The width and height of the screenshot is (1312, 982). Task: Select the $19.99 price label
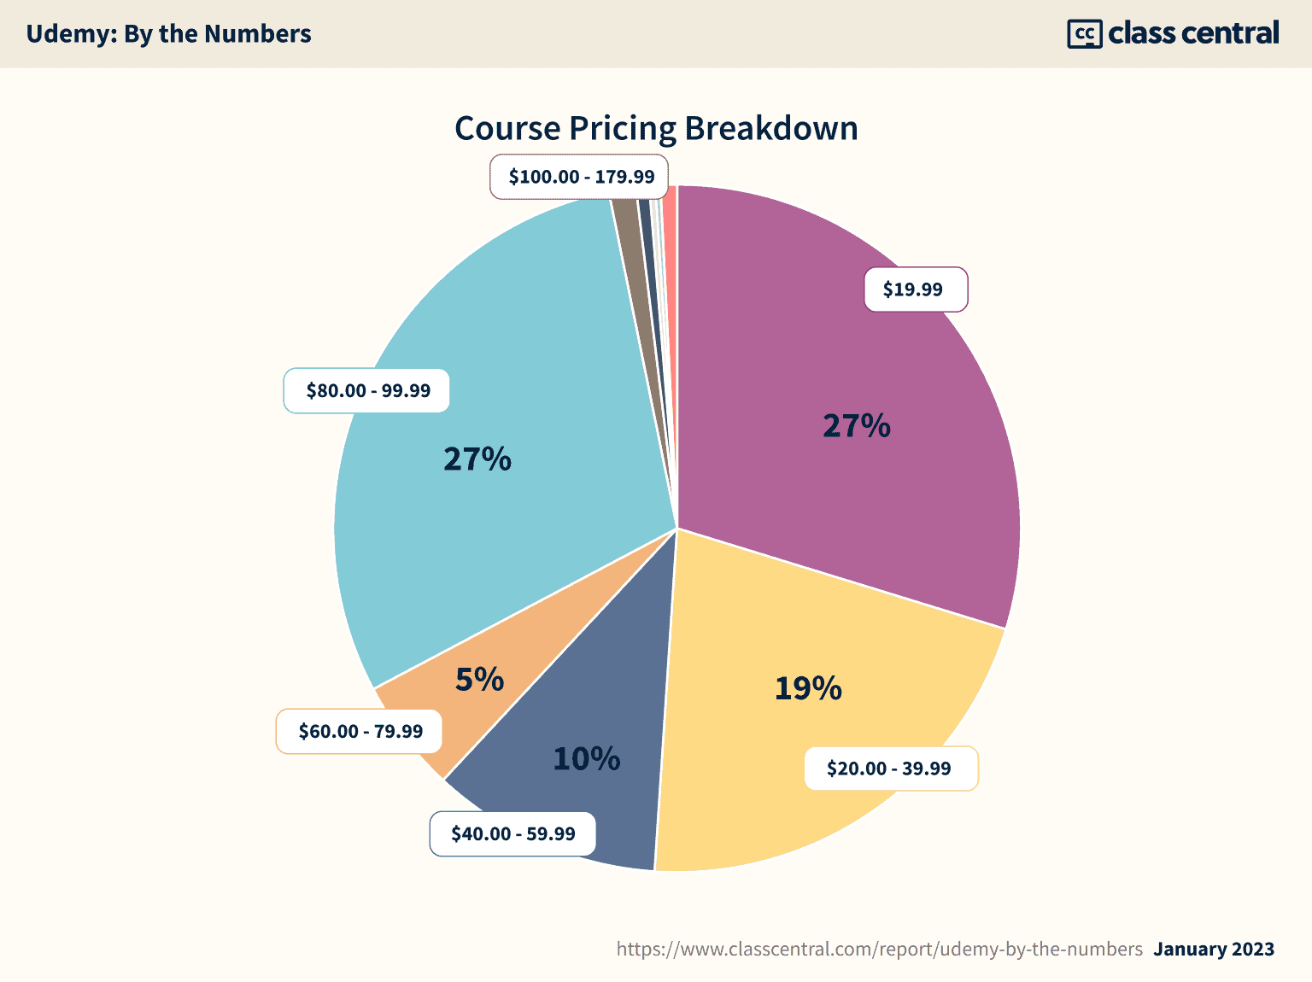tap(914, 289)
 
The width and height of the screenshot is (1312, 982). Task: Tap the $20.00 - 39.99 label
tap(889, 769)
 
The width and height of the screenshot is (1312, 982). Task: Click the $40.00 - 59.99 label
tap(512, 833)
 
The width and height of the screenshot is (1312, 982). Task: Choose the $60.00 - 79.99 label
tap(360, 731)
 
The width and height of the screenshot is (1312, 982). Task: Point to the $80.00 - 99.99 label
tap(367, 390)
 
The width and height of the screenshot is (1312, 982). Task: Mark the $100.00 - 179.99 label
tap(581, 177)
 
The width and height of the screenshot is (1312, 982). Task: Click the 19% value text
tap(808, 688)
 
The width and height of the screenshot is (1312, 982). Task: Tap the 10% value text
tap(587, 758)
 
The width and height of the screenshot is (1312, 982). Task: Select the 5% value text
tap(479, 680)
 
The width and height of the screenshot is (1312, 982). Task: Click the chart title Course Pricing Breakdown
tap(656, 128)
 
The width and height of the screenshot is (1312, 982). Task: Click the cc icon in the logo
tap(1084, 34)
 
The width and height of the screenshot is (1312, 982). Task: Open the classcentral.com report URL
tap(879, 949)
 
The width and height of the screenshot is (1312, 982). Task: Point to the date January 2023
tap(1214, 949)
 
